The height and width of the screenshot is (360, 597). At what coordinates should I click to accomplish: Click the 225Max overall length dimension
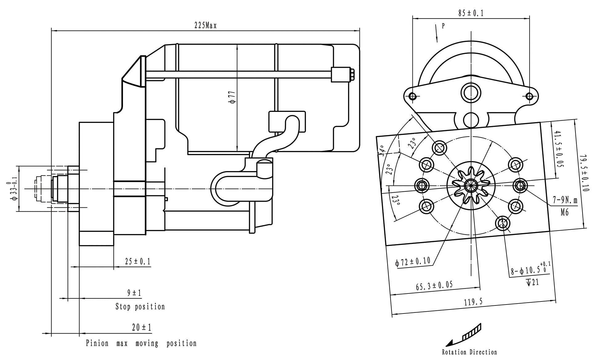pyautogui.click(x=205, y=26)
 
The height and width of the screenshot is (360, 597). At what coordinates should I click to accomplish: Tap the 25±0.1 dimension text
pyautogui.click(x=138, y=262)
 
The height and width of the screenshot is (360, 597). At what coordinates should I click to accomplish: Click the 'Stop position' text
pyautogui.click(x=140, y=307)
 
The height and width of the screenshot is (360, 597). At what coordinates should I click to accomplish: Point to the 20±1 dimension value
pyautogui.click(x=142, y=327)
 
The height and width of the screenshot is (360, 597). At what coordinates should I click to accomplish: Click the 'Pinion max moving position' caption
pyautogui.click(x=141, y=343)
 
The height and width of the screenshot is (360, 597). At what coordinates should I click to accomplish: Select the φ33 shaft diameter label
pyautogui.click(x=13, y=189)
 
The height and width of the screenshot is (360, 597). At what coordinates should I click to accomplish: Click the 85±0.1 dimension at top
pyautogui.click(x=471, y=13)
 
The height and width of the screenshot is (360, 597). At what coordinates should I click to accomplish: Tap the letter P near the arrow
pyautogui.click(x=443, y=26)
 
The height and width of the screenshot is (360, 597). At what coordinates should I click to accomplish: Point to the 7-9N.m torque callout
pyautogui.click(x=565, y=200)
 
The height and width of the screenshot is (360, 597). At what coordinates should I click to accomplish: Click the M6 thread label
pyautogui.click(x=565, y=212)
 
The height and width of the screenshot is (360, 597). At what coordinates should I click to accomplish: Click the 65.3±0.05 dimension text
pyautogui.click(x=434, y=285)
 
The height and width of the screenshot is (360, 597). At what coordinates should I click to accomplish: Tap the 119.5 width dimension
pyautogui.click(x=473, y=302)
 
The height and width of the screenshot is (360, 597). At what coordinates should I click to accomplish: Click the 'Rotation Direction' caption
pyautogui.click(x=469, y=352)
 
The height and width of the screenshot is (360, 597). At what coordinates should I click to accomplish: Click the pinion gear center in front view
pyautogui.click(x=471, y=185)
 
